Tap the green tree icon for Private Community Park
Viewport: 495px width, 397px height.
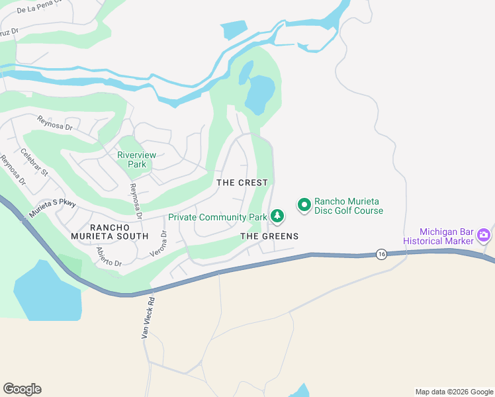pyautogui.click(x=277, y=216)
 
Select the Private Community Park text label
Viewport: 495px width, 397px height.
pyautogui.click(x=217, y=217)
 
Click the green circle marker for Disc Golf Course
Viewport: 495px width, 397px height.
pyautogui.click(x=304, y=206)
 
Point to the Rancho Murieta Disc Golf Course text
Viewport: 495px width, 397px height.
pyautogui.click(x=349, y=206)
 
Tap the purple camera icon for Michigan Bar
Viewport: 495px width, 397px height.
pyautogui.click(x=484, y=235)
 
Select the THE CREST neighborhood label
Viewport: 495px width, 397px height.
pyautogui.click(x=242, y=183)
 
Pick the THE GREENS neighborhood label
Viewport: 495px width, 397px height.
pyautogui.click(x=269, y=236)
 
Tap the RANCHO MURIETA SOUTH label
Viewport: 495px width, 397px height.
pyautogui.click(x=110, y=231)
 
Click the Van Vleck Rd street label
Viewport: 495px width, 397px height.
pyautogui.click(x=148, y=317)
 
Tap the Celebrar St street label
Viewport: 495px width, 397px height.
pyautogui.click(x=34, y=162)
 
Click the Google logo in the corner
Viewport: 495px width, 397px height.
pyautogui.click(x=22, y=389)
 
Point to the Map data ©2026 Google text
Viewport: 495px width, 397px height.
pyautogui.click(x=454, y=392)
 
